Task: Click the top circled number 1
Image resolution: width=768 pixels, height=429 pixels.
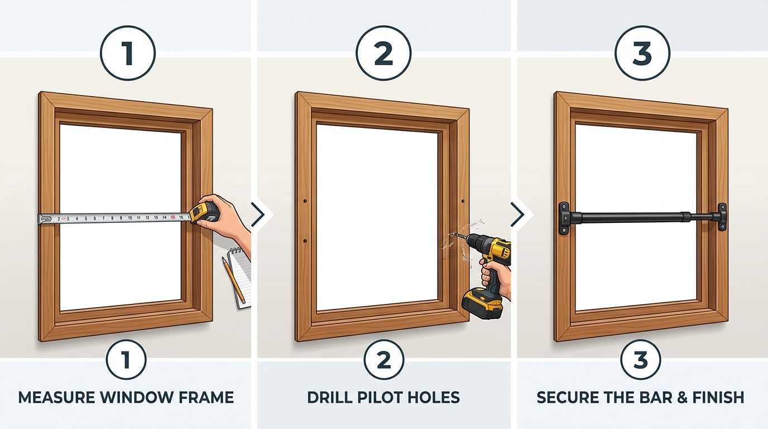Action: (127, 54)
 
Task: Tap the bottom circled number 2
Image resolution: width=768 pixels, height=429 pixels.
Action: (384, 360)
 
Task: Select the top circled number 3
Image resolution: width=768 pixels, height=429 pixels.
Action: (642, 54)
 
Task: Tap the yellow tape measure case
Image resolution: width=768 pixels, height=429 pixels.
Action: (204, 213)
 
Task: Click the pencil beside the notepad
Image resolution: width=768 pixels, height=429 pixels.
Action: (235, 279)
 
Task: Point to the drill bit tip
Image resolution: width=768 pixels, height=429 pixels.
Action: (456, 235)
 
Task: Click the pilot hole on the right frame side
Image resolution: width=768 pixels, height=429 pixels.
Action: (464, 201)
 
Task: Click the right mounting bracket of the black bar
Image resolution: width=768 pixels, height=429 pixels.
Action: (722, 217)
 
